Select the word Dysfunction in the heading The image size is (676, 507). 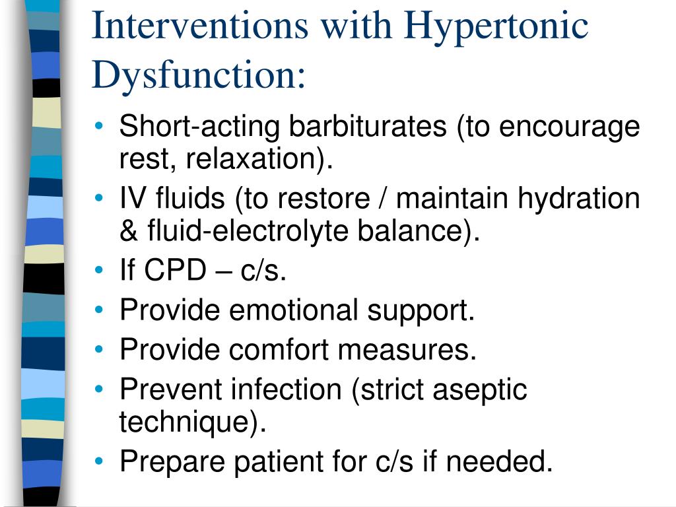tap(191, 74)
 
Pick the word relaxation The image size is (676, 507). tap(255, 158)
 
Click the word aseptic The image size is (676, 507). tap(480, 389)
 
